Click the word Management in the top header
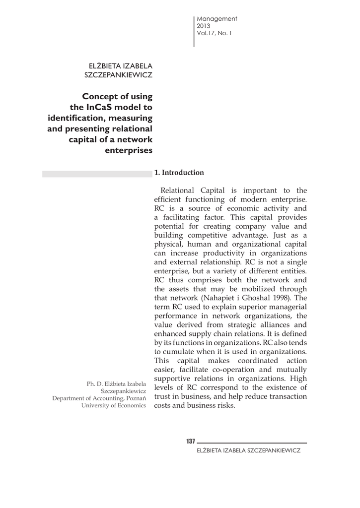[x=217, y=19]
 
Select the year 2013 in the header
[x=204, y=26]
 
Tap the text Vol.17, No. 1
[x=215, y=33]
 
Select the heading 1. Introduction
[x=179, y=173]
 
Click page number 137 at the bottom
[x=191, y=442]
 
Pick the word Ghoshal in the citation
[x=262, y=298]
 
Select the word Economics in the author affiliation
[x=130, y=405]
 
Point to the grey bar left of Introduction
[x=96, y=174]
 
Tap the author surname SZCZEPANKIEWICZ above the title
[x=119, y=75]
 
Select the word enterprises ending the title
[x=129, y=149]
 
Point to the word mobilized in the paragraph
[x=254, y=289]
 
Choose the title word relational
[x=128, y=128]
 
